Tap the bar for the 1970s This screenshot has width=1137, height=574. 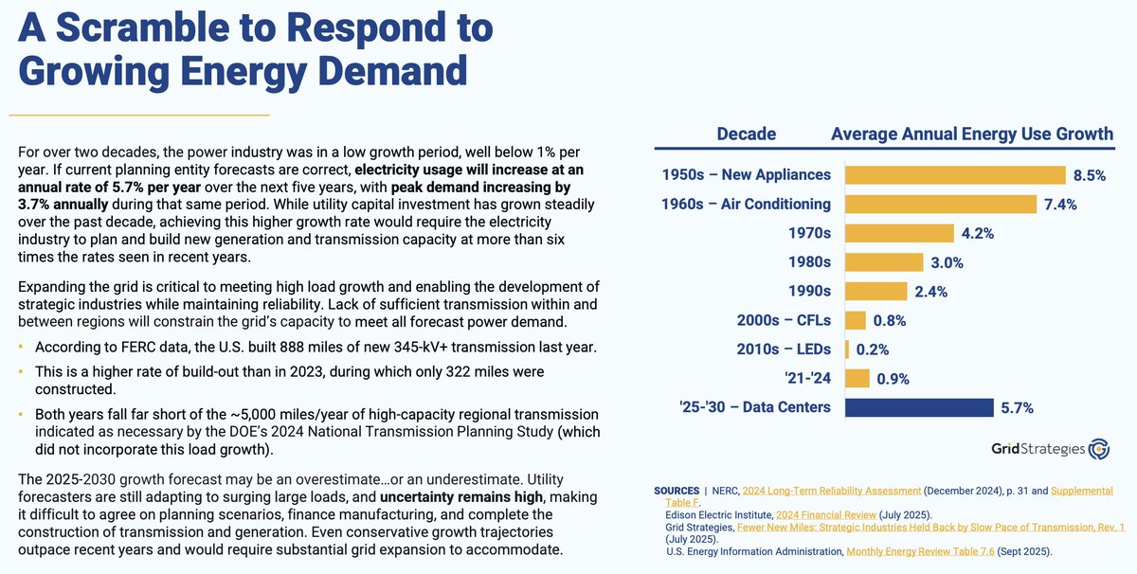[898, 233]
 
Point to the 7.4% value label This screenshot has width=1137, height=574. [1060, 205]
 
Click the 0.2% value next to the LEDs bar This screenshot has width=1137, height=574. [873, 350]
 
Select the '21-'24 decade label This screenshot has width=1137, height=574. [806, 378]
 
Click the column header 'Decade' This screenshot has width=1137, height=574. [746, 134]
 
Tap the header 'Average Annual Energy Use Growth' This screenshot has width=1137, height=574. [972, 134]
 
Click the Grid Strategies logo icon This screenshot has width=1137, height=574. [1099, 449]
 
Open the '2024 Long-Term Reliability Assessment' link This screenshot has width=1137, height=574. [831, 491]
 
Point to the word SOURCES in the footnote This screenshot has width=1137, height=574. [677, 491]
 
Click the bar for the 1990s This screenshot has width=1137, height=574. [875, 291]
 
